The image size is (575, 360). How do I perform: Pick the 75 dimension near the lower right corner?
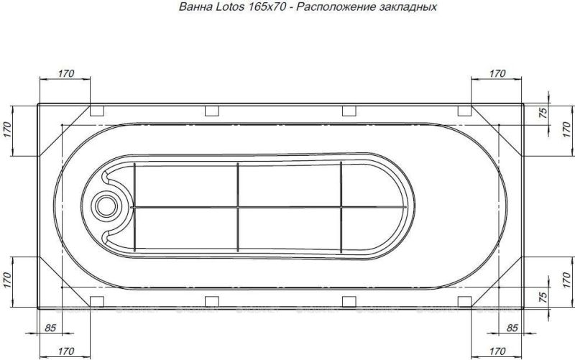click(543, 295)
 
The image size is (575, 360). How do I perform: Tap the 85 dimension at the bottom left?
click(50, 328)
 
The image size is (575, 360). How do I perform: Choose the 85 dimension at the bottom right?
click(512, 328)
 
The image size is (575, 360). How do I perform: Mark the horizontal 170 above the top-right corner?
click(497, 73)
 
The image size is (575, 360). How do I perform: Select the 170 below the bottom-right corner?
click(497, 351)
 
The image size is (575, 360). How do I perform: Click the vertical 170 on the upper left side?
click(8, 130)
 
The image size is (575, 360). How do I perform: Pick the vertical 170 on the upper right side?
click(566, 130)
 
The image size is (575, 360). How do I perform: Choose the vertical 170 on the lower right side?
click(566, 277)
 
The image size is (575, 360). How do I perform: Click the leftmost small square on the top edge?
click(96, 111)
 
